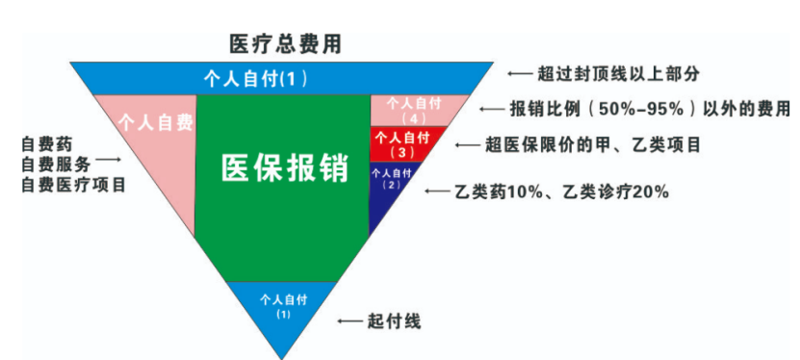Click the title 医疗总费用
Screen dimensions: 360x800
coord(285,44)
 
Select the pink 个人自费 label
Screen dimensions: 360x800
coord(155,122)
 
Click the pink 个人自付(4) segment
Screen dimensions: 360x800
coord(413,110)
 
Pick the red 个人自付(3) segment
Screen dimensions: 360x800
coord(404,143)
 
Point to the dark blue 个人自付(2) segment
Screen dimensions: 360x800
coord(390,178)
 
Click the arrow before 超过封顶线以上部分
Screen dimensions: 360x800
coord(519,74)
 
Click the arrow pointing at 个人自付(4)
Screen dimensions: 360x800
coord(492,109)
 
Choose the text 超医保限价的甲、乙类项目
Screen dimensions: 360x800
coord(592,145)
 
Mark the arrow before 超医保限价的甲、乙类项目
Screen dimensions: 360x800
coord(468,145)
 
